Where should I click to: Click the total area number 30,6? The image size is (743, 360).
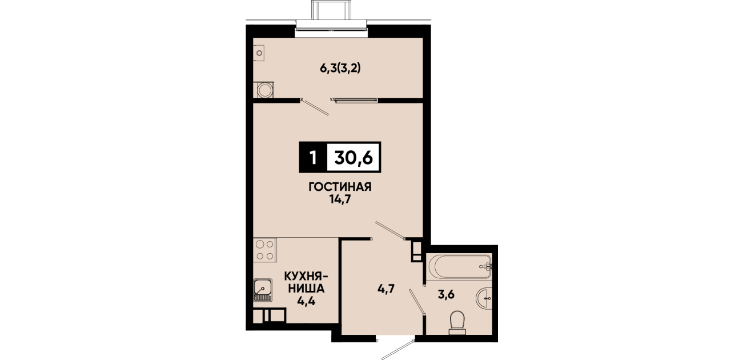pos(354,157)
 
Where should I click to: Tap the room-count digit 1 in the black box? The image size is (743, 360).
pos(312,158)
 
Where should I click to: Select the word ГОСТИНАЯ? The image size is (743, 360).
pos(340,187)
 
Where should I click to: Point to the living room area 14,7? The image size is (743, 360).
pos(340,199)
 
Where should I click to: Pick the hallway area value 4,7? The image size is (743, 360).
pos(385,289)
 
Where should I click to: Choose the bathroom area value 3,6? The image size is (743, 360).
pos(446,294)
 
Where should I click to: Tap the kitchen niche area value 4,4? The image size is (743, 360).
pos(306,301)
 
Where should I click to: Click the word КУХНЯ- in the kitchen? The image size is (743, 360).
pos(307,276)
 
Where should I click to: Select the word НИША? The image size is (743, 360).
pos(306,289)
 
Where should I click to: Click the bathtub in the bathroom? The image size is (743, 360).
pos(459,266)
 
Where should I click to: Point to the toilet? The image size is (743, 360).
pos(458,322)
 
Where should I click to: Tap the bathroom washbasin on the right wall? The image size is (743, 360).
pos(484,298)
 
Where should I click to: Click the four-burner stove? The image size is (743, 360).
pos(264,250)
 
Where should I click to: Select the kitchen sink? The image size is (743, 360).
pos(263,290)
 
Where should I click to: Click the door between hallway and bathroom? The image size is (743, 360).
pos(417,301)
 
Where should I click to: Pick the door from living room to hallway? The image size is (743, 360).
pos(390,230)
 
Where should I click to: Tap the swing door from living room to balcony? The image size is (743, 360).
pos(314,106)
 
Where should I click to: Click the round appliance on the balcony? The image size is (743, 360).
pos(265,90)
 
